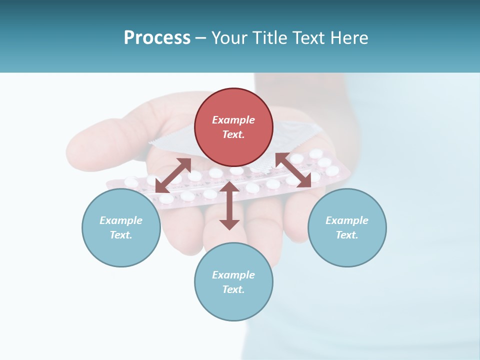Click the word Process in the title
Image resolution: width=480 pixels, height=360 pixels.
pos(157,38)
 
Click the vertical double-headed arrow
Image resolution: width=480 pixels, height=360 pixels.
pos(229,205)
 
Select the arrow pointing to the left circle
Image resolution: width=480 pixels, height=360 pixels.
pos(173,175)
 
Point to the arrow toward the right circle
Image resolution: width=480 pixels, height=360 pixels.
pos(293,170)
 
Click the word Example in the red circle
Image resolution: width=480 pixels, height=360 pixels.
pos(233,120)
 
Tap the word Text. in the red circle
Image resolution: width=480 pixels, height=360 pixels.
pos(233,134)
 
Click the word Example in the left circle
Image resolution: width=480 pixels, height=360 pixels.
pos(121,220)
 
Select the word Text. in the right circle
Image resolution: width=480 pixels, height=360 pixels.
pos(347,235)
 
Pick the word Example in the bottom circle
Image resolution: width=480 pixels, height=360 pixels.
pos(233,275)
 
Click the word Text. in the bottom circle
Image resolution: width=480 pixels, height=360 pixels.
pos(233,289)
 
